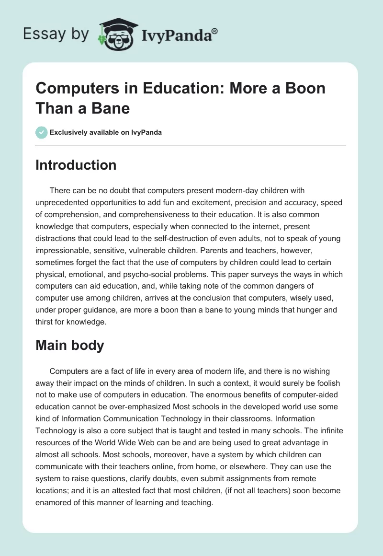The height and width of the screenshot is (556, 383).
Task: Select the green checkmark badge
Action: tap(42, 132)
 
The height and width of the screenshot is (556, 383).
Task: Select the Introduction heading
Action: tap(76, 165)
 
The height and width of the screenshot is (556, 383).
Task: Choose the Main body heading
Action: tap(70, 345)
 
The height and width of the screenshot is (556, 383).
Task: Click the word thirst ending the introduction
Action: tap(46, 322)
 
